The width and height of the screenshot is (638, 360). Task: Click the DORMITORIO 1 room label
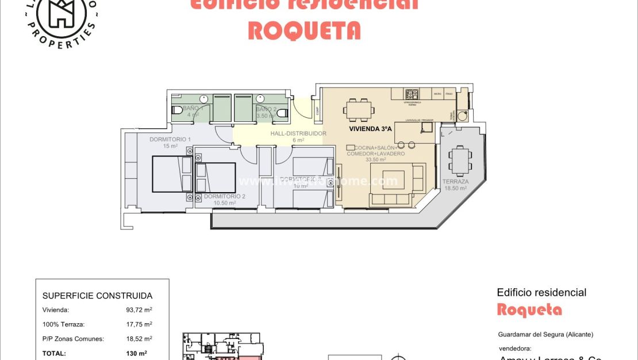[170, 139]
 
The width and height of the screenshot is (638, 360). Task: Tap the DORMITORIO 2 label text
[225, 196]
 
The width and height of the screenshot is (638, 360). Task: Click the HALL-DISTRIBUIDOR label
[298, 133]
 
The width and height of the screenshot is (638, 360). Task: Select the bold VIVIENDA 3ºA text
[370, 129]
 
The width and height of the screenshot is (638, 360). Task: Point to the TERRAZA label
[455, 182]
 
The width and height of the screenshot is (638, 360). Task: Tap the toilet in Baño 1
[178, 109]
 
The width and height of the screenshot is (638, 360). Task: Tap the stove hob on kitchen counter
[412, 94]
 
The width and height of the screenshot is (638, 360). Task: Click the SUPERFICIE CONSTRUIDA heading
[97, 296]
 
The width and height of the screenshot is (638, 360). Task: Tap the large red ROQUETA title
[304, 30]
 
